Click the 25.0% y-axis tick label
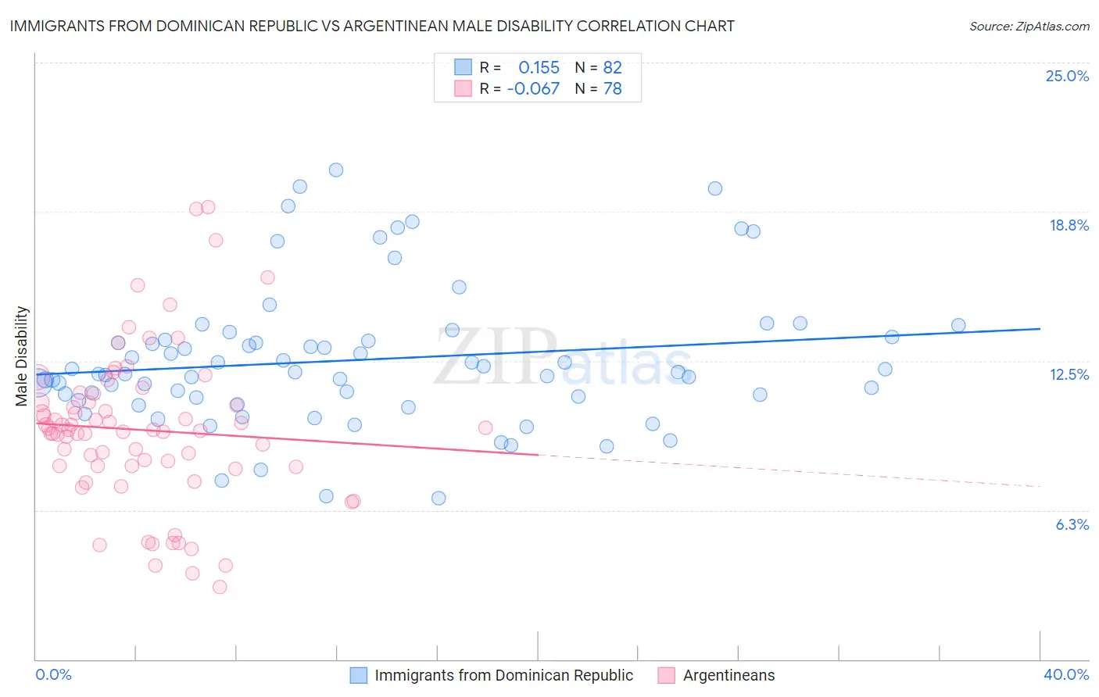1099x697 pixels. (x=1067, y=76)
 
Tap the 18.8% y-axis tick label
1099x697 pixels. (x=1069, y=225)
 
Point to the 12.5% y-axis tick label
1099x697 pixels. (x=1069, y=374)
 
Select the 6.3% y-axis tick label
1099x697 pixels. (x=1072, y=524)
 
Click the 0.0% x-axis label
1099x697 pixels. (x=53, y=674)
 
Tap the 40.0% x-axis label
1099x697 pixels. (x=1065, y=674)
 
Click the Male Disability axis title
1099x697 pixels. (x=22, y=356)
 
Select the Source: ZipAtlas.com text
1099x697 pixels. (x=1029, y=26)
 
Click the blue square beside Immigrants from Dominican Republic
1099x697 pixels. (x=359, y=675)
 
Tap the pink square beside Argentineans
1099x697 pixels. (x=667, y=675)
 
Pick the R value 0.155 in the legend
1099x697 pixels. (x=539, y=67)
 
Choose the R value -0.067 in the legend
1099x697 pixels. (x=533, y=88)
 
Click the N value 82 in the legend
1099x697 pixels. (x=612, y=67)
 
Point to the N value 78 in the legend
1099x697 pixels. (x=612, y=88)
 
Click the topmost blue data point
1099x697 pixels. (x=336, y=170)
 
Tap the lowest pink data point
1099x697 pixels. (x=220, y=587)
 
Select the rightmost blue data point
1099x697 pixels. (x=958, y=325)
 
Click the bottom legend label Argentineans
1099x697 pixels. (x=728, y=675)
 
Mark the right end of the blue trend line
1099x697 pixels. (x=1040, y=329)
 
